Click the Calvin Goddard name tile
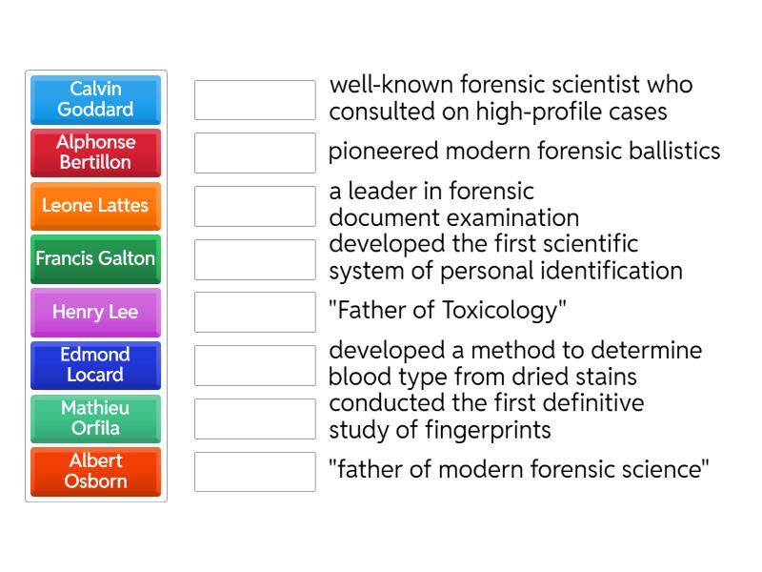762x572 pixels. [95, 99]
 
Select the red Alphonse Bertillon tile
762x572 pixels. [95, 153]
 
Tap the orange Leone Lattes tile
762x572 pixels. [95, 206]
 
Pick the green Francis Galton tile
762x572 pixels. [95, 258]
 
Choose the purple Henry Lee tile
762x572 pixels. [95, 312]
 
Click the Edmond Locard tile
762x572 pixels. [95, 365]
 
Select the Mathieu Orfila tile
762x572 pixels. [95, 419]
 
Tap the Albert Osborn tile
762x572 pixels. [95, 471]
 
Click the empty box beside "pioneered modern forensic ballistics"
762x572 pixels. [254, 153]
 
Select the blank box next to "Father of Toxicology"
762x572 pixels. [254, 312]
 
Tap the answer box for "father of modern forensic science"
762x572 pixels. [254, 471]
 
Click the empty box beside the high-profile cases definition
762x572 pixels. [254, 99]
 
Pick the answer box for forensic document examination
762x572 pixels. [254, 206]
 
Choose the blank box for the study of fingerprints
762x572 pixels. [254, 419]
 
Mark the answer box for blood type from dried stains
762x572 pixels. [254, 365]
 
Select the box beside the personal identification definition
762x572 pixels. [254, 258]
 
